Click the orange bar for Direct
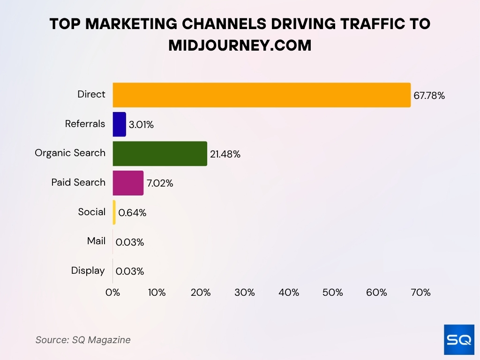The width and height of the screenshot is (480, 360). click(262, 95)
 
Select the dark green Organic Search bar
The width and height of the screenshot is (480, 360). click(160, 154)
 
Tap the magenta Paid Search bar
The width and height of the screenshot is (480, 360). click(128, 183)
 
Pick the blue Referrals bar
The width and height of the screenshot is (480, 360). click(119, 124)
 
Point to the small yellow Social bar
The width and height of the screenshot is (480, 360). click(114, 212)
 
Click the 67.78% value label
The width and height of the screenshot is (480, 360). click(429, 96)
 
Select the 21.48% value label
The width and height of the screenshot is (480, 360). click(225, 154)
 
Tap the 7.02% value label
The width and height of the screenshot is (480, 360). click(160, 183)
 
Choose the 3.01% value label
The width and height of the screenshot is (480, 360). click(141, 125)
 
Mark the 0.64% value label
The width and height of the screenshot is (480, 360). click(132, 213)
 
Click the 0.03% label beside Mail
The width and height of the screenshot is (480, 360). click(130, 242)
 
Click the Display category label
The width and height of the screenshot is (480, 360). click(88, 270)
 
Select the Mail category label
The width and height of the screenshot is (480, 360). click(96, 241)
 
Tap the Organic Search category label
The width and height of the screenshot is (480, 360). click(70, 153)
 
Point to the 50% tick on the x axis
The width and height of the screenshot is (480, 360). click(332, 292)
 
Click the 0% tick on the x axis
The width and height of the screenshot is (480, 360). click(112, 292)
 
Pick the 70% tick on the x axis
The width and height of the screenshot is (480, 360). click(420, 292)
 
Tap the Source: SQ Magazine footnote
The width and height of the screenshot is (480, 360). click(83, 340)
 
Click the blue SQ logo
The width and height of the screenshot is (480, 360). click(459, 339)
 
